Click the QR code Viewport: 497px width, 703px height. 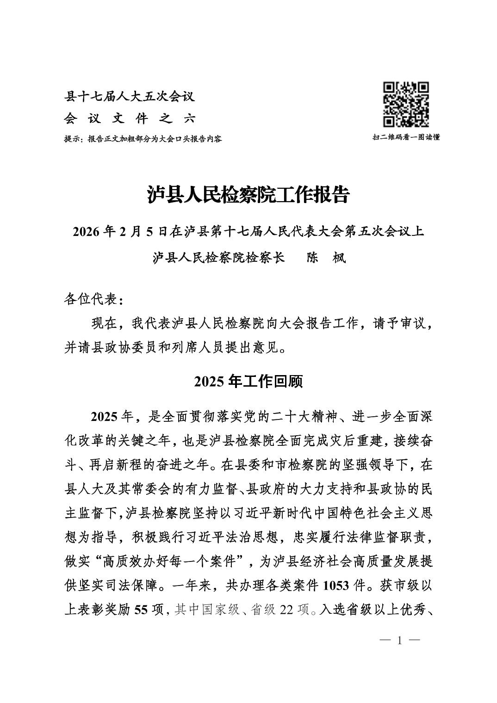[406, 105]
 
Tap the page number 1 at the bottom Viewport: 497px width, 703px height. [399, 641]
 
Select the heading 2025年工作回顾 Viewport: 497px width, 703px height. [248, 382]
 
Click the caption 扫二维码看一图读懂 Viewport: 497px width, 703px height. [406, 137]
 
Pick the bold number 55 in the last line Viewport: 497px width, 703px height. [141, 610]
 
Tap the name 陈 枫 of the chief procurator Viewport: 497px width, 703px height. [326, 258]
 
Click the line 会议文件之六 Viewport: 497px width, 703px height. [130, 119]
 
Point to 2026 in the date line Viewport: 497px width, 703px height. [87, 232]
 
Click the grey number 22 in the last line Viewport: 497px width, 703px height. [286, 610]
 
